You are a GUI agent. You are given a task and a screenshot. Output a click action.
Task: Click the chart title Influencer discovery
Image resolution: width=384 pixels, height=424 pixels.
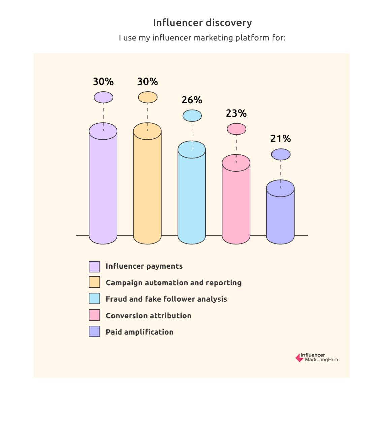pos(202,23)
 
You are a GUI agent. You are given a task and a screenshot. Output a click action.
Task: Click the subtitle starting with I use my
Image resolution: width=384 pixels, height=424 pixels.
pos(202,38)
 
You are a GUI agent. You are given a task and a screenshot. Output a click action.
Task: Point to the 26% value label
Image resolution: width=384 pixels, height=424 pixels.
pos(192,100)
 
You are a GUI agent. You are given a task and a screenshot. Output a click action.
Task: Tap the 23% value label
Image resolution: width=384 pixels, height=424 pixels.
pos(236,113)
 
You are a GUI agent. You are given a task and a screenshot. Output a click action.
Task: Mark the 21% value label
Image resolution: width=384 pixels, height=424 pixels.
pos(281,139)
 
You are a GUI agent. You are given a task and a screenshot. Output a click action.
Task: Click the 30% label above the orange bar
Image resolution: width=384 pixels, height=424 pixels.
pos(148,82)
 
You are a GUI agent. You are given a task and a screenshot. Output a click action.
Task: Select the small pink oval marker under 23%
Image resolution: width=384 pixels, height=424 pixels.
pos(236,129)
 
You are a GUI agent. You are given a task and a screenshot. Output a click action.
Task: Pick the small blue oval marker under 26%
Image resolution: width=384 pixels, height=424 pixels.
pos(192,116)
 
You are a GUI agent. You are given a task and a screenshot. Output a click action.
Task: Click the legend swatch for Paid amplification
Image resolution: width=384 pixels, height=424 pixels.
pos(94,332)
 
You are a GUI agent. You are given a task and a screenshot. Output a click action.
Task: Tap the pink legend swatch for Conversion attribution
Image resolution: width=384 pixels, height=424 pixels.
pos(94,315)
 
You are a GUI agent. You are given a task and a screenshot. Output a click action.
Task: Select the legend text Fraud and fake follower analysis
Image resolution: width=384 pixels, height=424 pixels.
pos(166,299)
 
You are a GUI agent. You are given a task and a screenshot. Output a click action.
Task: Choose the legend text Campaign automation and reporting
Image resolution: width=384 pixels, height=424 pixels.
pos(173,283)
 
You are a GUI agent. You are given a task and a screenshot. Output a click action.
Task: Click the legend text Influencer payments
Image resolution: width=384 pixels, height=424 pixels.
pos(144,266)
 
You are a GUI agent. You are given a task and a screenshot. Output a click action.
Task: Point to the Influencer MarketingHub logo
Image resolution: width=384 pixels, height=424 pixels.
pos(316,358)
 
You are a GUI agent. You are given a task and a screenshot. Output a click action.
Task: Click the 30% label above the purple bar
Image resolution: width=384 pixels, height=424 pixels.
pos(103,82)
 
